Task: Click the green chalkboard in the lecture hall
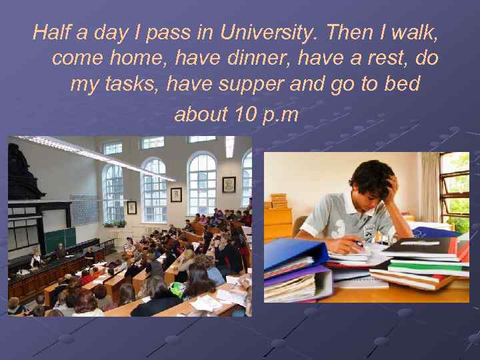(59, 239)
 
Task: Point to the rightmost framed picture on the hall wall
(229, 184)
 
